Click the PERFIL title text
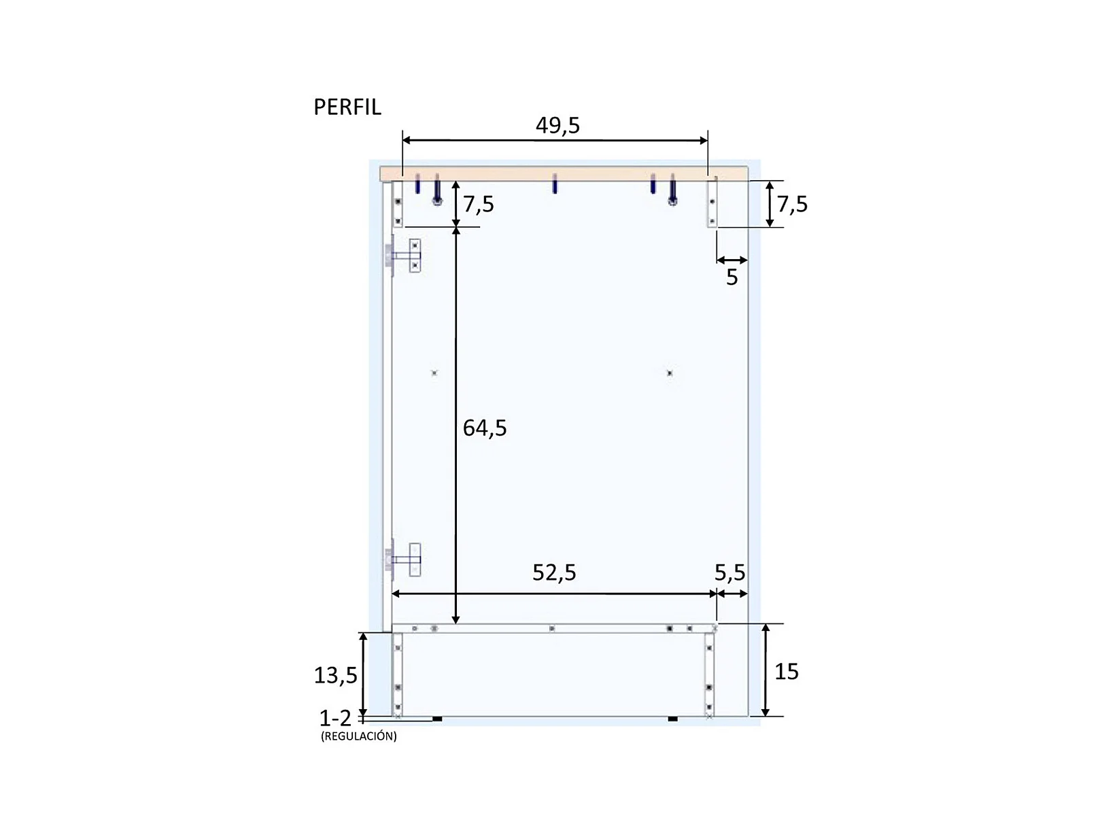pos(347,107)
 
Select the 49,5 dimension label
pos(557,125)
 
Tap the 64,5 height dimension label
pos(484,428)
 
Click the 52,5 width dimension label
pos(554,573)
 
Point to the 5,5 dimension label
pos(729,573)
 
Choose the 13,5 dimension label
pos(335,675)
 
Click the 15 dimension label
pos(786,672)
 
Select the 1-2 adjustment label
pos(335,718)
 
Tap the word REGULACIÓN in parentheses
pos(359,736)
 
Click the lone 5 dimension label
pos(731,277)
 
